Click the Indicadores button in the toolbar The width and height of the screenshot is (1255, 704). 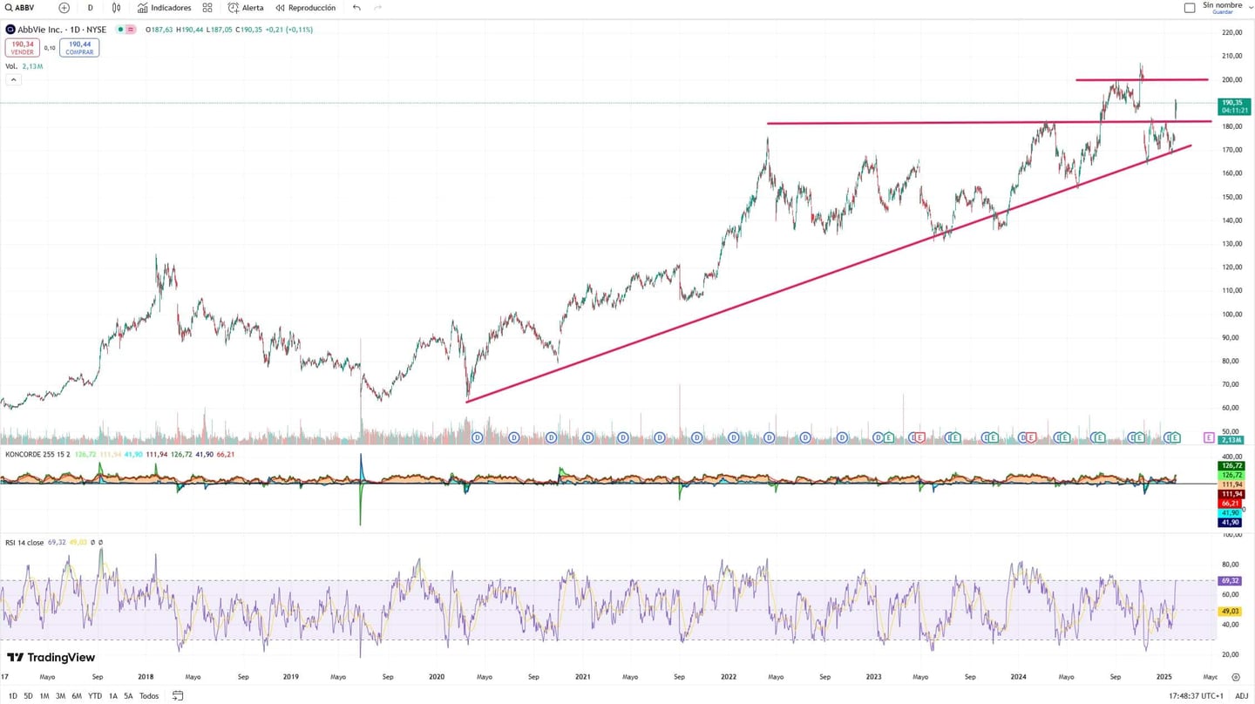[x=164, y=8]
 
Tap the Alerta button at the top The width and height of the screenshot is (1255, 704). [x=246, y=8]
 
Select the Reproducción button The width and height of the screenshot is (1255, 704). [x=306, y=8]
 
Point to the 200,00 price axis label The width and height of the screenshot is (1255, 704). [x=1231, y=79]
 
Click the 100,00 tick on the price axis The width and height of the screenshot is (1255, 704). [x=1231, y=314]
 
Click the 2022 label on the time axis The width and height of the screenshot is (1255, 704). [x=729, y=676]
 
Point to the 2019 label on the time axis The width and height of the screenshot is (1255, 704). [x=291, y=676]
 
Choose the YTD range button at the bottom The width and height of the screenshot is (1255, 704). [x=95, y=695]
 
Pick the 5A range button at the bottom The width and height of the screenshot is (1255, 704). [x=128, y=695]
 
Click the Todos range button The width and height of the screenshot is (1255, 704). [x=149, y=695]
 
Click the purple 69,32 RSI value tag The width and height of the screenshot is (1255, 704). [x=1230, y=580]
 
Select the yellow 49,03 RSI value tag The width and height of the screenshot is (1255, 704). [x=1230, y=611]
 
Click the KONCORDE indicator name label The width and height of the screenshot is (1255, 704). [x=24, y=454]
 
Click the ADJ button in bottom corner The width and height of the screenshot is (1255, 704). [x=1241, y=695]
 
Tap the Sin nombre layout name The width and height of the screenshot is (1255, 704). [x=1222, y=5]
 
